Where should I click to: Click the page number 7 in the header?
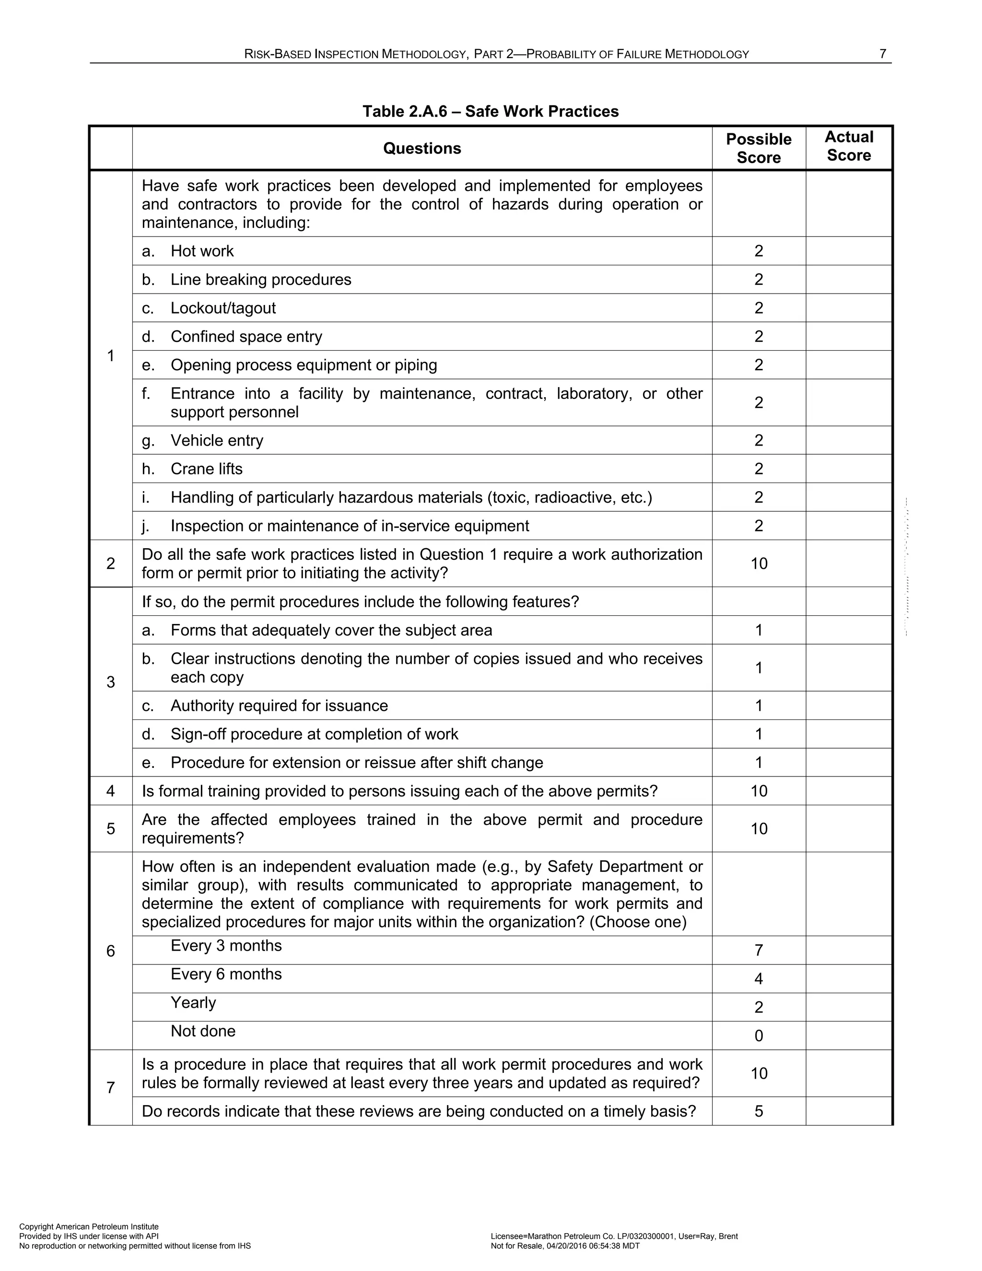(x=883, y=54)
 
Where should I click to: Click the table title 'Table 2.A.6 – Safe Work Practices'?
(x=491, y=111)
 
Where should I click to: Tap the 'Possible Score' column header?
(x=758, y=148)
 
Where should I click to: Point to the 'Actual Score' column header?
(x=848, y=146)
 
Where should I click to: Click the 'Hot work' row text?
(x=201, y=251)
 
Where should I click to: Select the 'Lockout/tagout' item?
(x=223, y=308)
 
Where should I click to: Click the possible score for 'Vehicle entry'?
(x=758, y=441)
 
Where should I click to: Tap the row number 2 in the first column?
(x=111, y=564)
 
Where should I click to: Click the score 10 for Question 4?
(x=759, y=791)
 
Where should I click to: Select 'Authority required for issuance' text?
(x=279, y=706)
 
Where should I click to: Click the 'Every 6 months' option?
(x=226, y=974)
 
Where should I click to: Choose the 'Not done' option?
(x=202, y=1031)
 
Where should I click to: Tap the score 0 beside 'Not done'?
(x=758, y=1036)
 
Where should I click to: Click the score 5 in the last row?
(x=758, y=1112)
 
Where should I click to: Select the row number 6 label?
(x=111, y=951)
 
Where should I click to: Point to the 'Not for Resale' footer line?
(x=565, y=1246)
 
